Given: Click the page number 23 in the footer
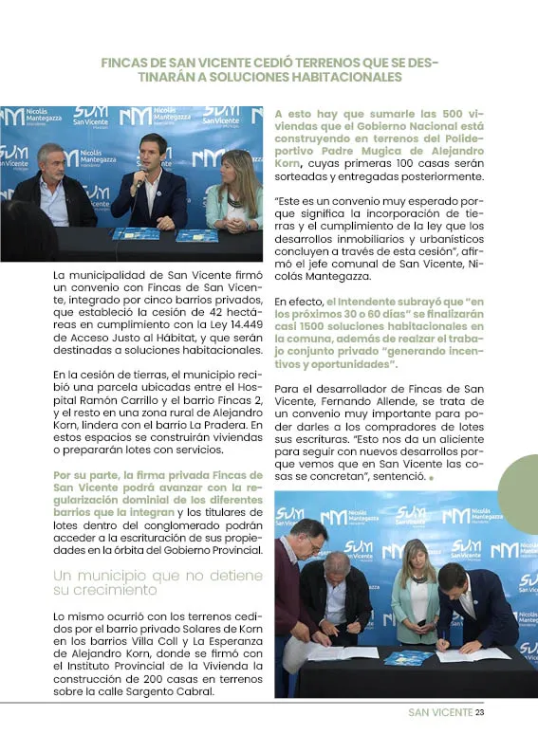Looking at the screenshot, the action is (480, 713).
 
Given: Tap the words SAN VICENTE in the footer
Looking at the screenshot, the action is (439, 713).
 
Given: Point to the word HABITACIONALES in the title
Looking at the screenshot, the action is (346, 77).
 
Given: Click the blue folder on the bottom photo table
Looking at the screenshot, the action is (409, 657).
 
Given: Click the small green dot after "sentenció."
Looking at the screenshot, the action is (431, 478).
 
